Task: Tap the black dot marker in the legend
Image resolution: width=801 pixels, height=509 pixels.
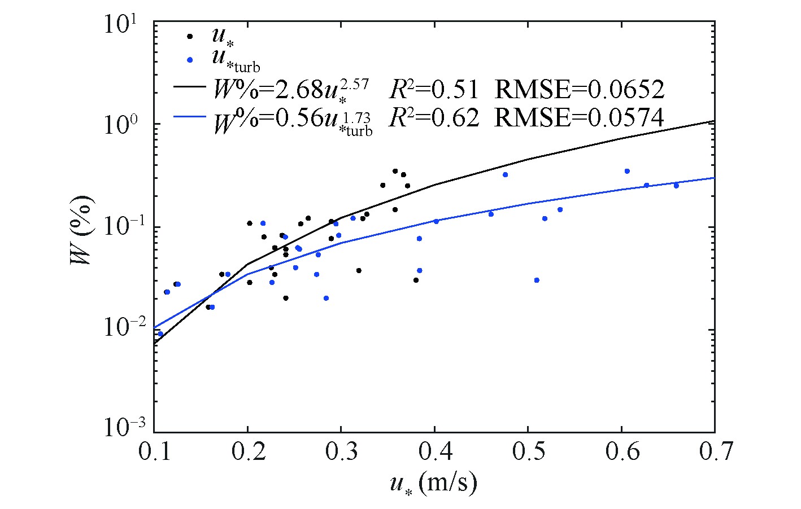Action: (x=190, y=36)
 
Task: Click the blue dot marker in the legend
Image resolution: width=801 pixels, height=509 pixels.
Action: (x=190, y=59)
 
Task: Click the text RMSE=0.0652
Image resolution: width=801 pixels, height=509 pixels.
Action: (x=579, y=89)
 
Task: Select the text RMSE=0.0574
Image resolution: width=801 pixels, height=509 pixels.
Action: (x=579, y=117)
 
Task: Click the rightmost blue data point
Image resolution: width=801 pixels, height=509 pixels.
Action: (x=676, y=185)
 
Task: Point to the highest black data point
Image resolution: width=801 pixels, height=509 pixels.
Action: (x=395, y=171)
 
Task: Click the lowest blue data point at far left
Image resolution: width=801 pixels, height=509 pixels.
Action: (x=160, y=334)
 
